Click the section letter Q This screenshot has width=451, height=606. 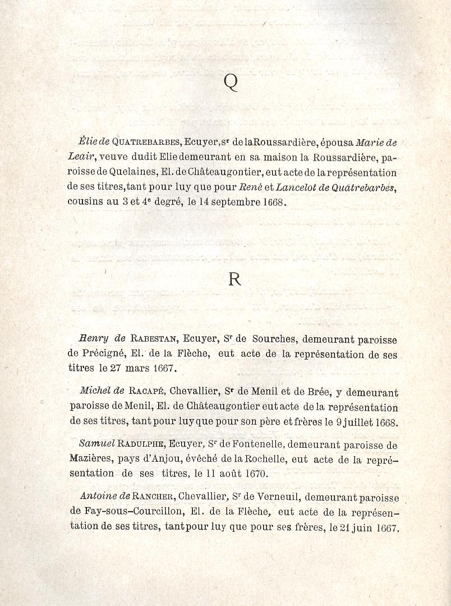(231, 82)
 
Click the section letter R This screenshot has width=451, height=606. (234, 279)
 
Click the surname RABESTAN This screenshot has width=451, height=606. (154, 339)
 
